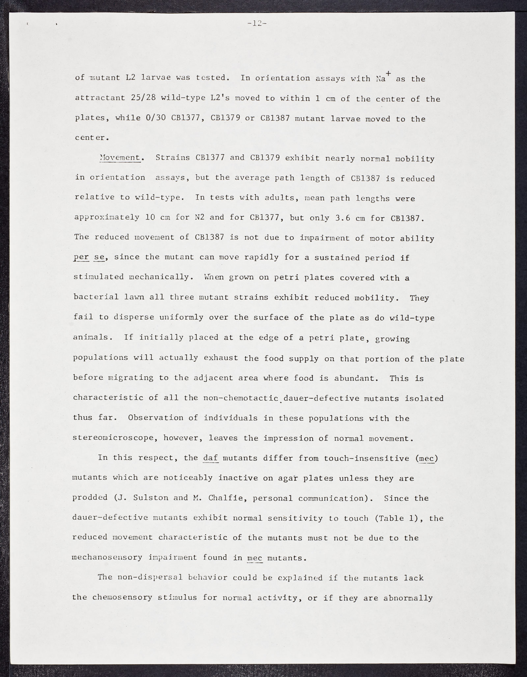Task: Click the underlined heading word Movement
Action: pos(120,158)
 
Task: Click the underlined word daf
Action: pos(211,458)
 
